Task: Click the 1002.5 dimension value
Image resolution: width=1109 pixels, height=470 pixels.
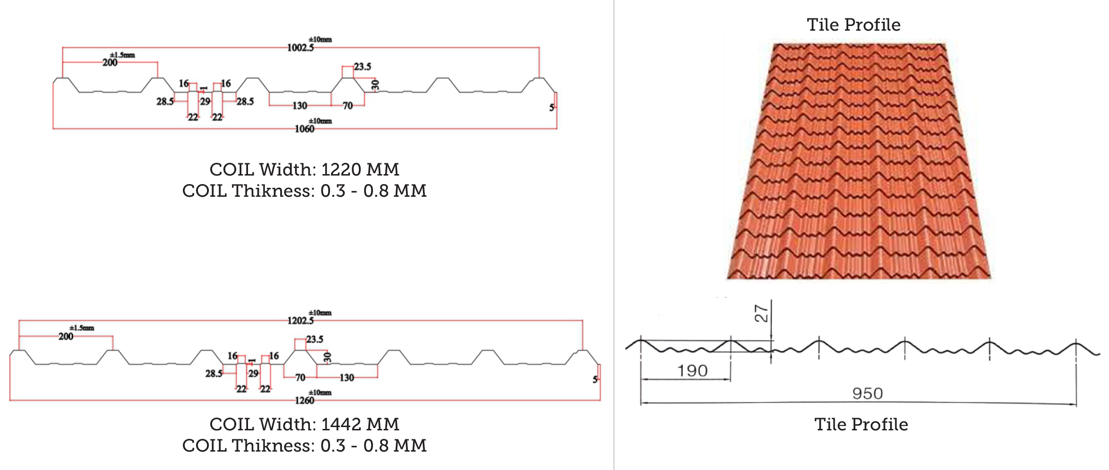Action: coord(300,48)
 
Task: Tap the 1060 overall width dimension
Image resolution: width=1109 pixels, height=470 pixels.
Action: coord(305,129)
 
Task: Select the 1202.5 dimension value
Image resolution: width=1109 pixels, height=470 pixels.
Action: coord(300,321)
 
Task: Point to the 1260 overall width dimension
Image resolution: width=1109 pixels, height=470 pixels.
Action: coord(305,401)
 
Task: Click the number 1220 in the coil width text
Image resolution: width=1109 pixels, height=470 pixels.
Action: coord(341,169)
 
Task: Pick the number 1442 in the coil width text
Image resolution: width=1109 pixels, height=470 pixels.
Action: coord(341,424)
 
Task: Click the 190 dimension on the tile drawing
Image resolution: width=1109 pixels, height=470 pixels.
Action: coord(692,371)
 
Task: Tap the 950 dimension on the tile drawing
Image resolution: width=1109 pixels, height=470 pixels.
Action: coord(868,394)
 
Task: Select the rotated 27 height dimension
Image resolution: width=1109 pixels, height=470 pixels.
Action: coord(761,313)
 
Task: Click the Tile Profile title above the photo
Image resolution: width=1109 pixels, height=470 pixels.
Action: coord(853,25)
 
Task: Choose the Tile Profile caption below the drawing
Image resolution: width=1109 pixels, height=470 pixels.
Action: coord(861,424)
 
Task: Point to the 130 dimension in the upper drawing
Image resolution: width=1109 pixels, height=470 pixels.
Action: coord(300,106)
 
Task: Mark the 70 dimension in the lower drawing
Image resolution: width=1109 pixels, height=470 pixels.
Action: coord(300,378)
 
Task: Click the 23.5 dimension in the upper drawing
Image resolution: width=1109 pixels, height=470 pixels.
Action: coord(363,67)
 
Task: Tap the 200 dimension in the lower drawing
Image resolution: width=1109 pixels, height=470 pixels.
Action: coord(66,336)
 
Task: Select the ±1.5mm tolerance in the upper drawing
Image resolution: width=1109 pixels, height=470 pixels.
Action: coord(123,55)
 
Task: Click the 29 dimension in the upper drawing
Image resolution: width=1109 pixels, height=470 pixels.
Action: coord(205,101)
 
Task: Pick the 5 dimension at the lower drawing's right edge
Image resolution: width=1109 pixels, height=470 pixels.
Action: coord(595,379)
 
